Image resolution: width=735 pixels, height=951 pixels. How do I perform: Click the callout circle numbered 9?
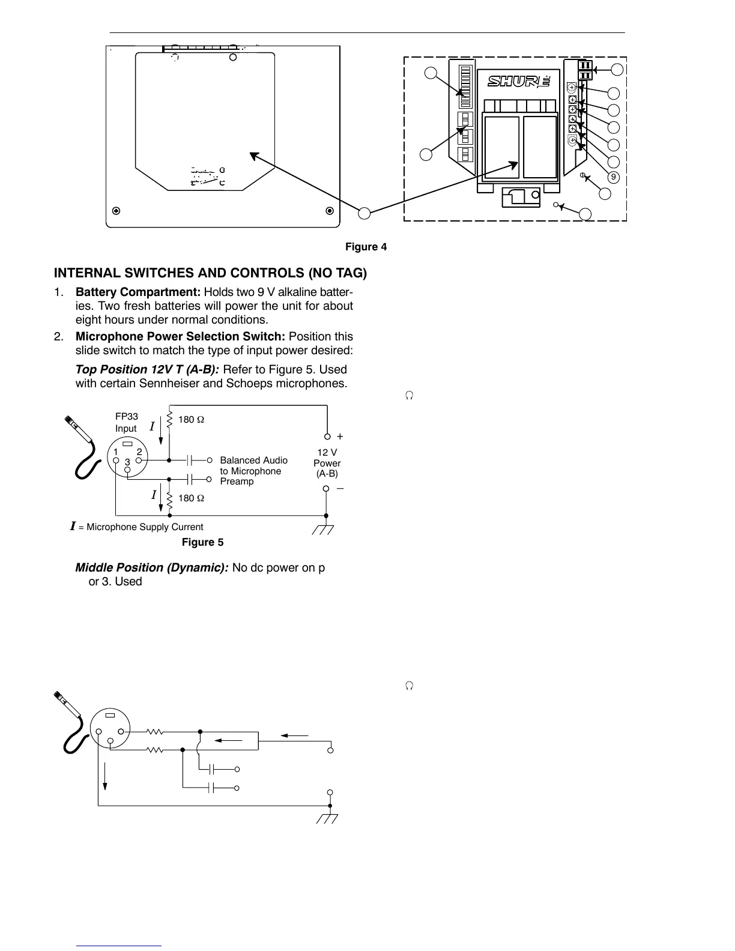click(x=613, y=178)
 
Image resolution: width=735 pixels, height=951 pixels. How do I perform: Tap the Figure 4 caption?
click(x=366, y=247)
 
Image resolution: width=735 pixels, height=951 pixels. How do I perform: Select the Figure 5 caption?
click(x=202, y=543)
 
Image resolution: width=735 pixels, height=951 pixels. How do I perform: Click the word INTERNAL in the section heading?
click(x=89, y=273)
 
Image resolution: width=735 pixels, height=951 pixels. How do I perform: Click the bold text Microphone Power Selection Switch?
click(x=180, y=337)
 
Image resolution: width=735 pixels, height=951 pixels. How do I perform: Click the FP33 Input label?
click(x=126, y=423)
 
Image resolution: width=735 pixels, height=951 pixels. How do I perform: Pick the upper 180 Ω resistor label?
click(x=191, y=420)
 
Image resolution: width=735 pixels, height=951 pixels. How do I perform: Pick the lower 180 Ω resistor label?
click(x=191, y=498)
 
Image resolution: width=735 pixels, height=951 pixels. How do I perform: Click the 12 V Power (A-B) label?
click(x=327, y=463)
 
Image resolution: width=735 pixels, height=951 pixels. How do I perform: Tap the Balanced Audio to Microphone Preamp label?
click(x=253, y=471)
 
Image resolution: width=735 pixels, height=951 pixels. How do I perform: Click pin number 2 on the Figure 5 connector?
click(x=139, y=452)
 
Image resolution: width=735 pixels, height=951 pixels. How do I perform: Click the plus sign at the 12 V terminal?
click(x=340, y=437)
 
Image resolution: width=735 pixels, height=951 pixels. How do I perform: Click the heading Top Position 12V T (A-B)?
click(x=147, y=370)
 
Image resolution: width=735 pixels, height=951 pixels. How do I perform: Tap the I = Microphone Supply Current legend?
click(x=137, y=527)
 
